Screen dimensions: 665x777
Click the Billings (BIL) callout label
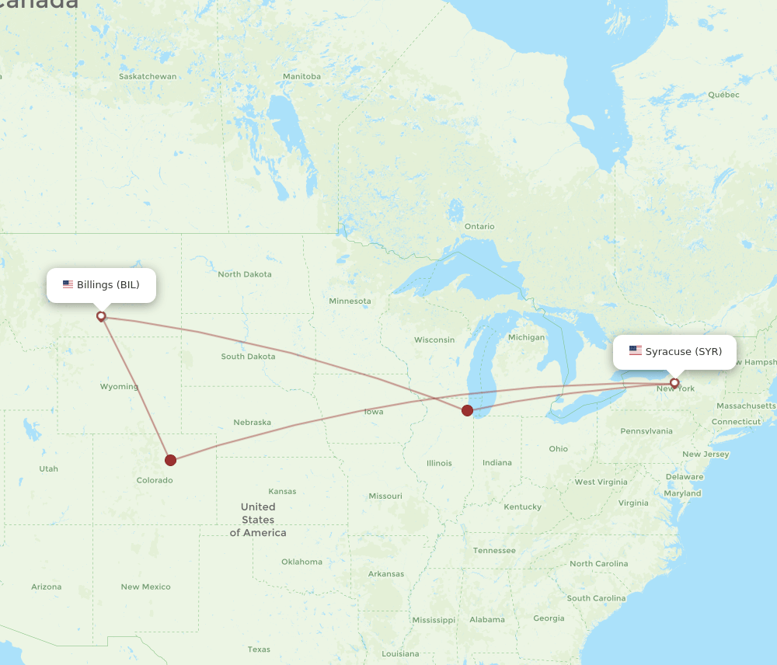[101, 285]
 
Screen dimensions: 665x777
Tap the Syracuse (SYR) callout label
[674, 352]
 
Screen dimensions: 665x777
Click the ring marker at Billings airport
[101, 316]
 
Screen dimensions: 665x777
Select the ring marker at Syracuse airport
[674, 383]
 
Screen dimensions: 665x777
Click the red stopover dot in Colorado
[171, 460]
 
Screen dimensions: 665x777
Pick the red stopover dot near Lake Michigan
[467, 410]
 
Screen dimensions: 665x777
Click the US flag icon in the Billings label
[68, 285]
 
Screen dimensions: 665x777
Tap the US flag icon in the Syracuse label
[636, 351]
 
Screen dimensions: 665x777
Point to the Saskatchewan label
[148, 77]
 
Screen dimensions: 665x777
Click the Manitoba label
[301, 77]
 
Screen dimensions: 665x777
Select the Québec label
[723, 95]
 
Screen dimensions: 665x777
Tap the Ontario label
[479, 227]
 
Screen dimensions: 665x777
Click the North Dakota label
[245, 274]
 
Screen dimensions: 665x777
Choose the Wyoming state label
[119, 387]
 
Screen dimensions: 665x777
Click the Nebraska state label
[253, 423]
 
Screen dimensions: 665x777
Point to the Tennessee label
[494, 551]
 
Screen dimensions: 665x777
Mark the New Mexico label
[145, 587]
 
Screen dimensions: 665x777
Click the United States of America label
[258, 520]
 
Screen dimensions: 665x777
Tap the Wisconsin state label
[434, 340]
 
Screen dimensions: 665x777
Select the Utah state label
[48, 469]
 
